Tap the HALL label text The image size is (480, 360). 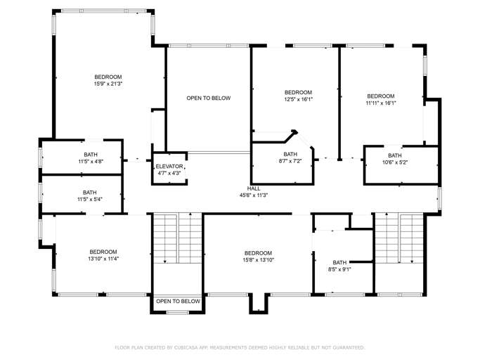[x=254, y=188]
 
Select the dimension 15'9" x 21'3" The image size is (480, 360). [x=108, y=84]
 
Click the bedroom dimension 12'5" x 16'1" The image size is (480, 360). [x=298, y=100]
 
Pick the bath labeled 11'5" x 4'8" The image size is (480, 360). [x=91, y=161]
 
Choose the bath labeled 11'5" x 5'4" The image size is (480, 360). [x=90, y=199]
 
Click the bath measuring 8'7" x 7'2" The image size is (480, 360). [x=290, y=161]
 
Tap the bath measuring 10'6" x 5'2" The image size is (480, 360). [x=394, y=162]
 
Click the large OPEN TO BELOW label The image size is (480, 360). [x=208, y=98]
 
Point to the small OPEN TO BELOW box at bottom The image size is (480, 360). [x=177, y=301]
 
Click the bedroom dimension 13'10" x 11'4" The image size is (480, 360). [x=103, y=259]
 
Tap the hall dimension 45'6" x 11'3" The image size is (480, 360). [x=254, y=195]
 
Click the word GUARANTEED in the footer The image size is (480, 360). [x=348, y=347]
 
